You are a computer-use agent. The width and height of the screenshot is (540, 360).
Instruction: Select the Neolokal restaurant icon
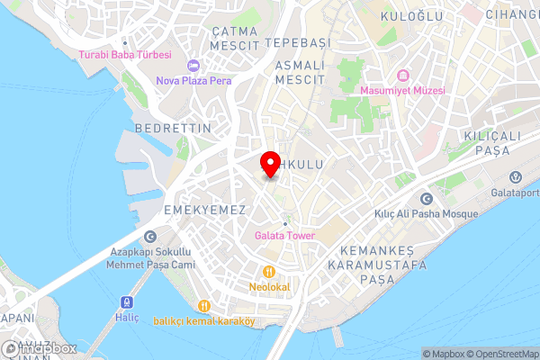268,272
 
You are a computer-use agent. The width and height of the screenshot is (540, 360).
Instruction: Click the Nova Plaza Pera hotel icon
193,66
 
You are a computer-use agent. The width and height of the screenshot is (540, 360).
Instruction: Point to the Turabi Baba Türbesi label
125,54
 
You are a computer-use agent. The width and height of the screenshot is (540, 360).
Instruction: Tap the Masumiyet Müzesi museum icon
402,75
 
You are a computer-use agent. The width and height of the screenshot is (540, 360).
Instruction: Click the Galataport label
516,191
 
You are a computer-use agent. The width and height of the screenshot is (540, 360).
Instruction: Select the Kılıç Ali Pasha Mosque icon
426,199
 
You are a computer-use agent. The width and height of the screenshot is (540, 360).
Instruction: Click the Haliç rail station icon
126,301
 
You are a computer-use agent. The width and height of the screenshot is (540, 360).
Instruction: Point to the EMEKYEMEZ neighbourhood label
205,209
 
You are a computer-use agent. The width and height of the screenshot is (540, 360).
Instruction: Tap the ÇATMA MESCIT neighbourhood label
234,37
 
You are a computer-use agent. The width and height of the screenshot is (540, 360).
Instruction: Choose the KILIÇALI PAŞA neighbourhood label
492,141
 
